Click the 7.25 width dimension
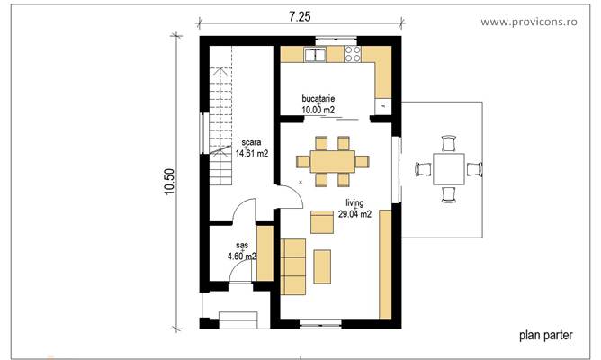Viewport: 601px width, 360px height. [x=300, y=17]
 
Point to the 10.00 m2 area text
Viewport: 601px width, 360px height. [x=318, y=110]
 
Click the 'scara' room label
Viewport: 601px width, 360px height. [x=251, y=143]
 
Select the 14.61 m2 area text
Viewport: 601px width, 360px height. [x=251, y=153]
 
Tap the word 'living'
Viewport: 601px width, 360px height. [x=354, y=204]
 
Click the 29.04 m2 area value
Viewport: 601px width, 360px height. [x=354, y=215]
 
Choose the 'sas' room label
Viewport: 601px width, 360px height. [x=242, y=245]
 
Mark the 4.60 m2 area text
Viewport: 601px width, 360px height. [x=242, y=256]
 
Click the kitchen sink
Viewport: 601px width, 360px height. [x=315, y=55]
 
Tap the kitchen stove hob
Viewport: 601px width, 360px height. [x=351, y=55]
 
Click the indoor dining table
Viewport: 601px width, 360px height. [x=332, y=161]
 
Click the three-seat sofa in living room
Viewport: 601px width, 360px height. [x=293, y=266]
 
